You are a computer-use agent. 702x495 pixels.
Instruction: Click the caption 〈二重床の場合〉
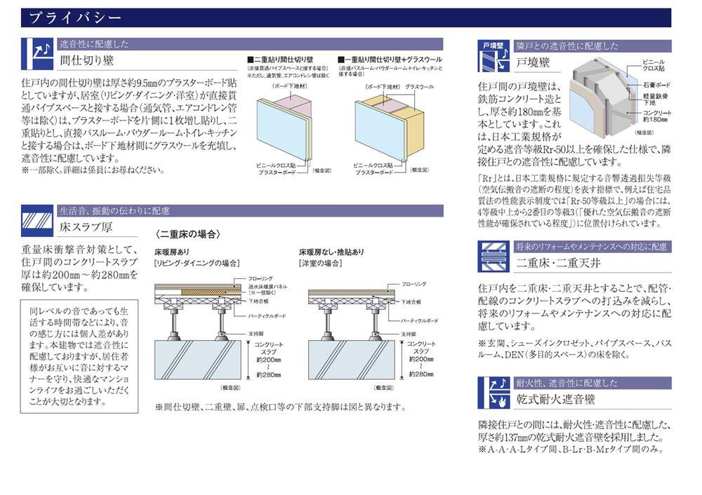click(x=188, y=234)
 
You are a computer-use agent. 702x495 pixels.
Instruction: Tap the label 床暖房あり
click(x=172, y=251)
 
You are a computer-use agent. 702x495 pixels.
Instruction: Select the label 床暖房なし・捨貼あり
click(x=331, y=251)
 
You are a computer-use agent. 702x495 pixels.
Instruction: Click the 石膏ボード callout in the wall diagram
click(x=654, y=86)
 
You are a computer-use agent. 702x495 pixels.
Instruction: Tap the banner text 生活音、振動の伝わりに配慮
click(x=114, y=210)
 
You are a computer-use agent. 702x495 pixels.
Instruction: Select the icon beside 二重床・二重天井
click(x=494, y=257)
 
